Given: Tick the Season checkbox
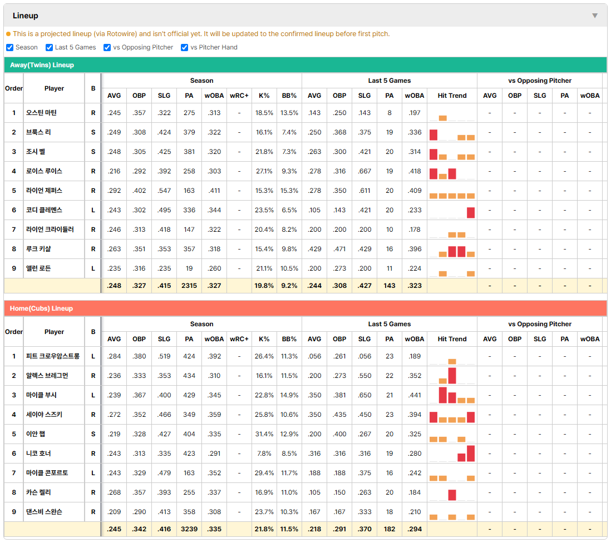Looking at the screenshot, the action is pyautogui.click(x=10, y=47).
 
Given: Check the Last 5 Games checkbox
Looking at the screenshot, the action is pyautogui.click(x=49, y=47).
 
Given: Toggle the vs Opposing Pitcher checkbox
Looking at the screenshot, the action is pyautogui.click(x=107, y=47).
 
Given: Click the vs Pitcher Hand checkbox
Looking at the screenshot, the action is pyautogui.click(x=185, y=47).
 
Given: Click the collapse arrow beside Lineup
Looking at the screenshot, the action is pyautogui.click(x=595, y=16).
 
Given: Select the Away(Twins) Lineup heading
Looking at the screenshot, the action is pyautogui.click(x=42, y=65).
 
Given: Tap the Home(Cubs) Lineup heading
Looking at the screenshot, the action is pyautogui.click(x=41, y=308).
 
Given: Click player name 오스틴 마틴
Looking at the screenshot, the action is pyautogui.click(x=41, y=113).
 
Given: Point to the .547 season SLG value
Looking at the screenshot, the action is pyautogui.click(x=164, y=191).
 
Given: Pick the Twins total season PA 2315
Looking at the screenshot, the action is pyautogui.click(x=189, y=286).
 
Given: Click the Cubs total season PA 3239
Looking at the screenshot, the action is pyautogui.click(x=189, y=529).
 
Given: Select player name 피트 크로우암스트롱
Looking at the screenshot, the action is pyautogui.click(x=53, y=356).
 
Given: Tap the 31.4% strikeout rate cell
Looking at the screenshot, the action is pyautogui.click(x=264, y=434).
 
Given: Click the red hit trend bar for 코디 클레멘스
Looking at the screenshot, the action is pyautogui.click(x=471, y=212).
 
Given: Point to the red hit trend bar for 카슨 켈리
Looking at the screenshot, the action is pyautogui.click(x=452, y=495).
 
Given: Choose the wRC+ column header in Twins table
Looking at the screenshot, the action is pyautogui.click(x=239, y=96).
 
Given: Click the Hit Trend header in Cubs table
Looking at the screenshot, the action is pyautogui.click(x=452, y=339).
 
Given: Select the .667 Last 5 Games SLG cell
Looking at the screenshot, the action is pyautogui.click(x=364, y=171).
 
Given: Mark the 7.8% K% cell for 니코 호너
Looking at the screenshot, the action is pyautogui.click(x=264, y=454).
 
